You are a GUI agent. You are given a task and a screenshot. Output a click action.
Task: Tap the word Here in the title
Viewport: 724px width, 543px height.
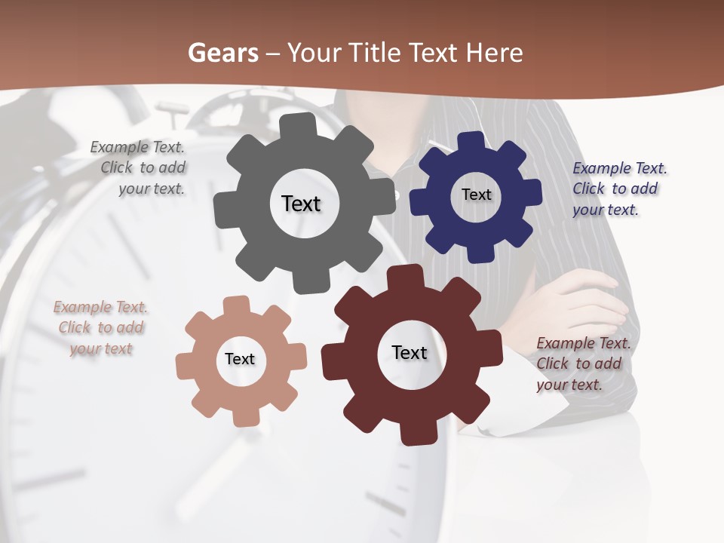pyautogui.click(x=494, y=53)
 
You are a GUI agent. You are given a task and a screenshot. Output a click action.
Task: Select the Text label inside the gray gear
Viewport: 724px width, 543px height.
pyautogui.click(x=301, y=204)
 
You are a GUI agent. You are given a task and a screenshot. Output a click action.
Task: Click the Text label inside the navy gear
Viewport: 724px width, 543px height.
pyautogui.click(x=476, y=195)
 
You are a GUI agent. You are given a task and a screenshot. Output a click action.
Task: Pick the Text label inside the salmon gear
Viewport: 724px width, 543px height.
pyautogui.click(x=240, y=360)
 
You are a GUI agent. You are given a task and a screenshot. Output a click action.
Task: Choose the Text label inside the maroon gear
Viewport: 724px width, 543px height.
pyautogui.click(x=410, y=353)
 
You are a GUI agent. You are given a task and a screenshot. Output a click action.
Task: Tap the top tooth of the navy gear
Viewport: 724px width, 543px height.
pyautogui.click(x=471, y=141)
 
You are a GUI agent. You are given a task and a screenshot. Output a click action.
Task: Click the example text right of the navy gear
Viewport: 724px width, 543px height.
pyautogui.click(x=619, y=189)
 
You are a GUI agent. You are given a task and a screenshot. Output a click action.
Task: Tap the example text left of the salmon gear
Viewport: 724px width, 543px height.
pyautogui.click(x=100, y=328)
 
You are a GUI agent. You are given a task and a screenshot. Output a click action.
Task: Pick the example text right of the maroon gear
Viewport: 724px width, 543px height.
pyautogui.click(x=583, y=364)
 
